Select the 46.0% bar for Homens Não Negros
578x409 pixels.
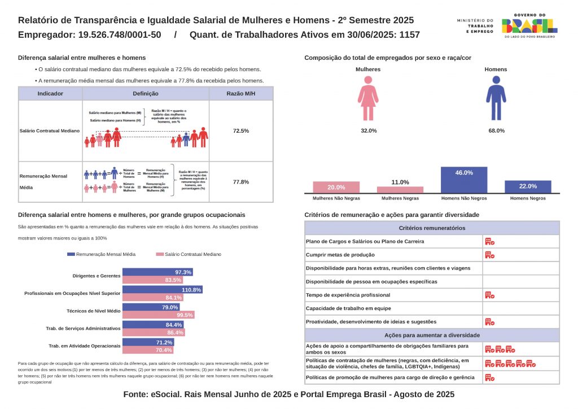click(x=464, y=180)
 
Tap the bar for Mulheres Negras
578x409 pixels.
click(x=400, y=190)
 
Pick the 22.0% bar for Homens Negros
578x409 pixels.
click(x=528, y=187)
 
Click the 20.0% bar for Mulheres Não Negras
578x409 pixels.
click(x=336, y=188)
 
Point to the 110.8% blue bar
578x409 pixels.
click(x=163, y=290)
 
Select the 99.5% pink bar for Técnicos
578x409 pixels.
click(x=159, y=315)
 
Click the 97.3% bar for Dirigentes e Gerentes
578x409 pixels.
click(x=158, y=272)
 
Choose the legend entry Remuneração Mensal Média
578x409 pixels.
click(x=101, y=255)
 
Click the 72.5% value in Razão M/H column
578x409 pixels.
click(x=241, y=130)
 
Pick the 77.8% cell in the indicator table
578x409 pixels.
click(x=241, y=182)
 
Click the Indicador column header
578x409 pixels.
click(x=50, y=94)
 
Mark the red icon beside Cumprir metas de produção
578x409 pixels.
click(x=489, y=255)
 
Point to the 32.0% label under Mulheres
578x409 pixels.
click(x=369, y=130)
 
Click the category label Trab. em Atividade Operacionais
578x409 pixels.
click(x=85, y=346)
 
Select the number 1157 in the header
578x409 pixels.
click(x=409, y=34)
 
